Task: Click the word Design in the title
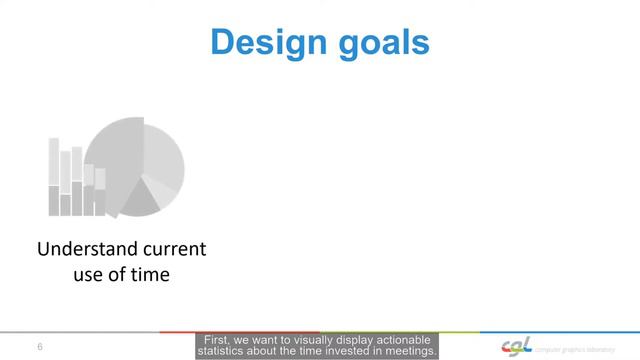click(x=262, y=42)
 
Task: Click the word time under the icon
click(x=148, y=273)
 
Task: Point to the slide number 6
click(x=39, y=347)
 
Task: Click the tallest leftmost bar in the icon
click(x=54, y=176)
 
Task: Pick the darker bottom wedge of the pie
click(x=141, y=201)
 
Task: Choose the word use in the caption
click(x=93, y=273)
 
